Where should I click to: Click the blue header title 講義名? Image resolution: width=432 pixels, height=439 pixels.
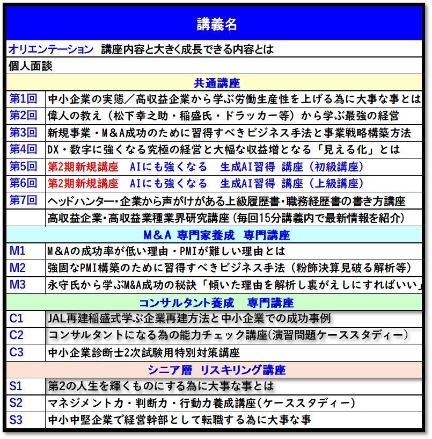[216, 24]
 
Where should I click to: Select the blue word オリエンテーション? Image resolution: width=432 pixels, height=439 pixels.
[51, 49]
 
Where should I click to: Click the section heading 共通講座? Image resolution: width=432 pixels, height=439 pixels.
[216, 83]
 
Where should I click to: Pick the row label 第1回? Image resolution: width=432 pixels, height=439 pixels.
[24, 99]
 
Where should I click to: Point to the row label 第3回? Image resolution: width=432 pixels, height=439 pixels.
[24, 133]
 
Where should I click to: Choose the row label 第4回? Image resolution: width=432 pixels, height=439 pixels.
[24, 149]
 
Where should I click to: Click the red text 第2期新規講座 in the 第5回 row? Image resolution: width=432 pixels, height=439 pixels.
[83, 167]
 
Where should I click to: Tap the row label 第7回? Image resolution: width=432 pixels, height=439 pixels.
[24, 200]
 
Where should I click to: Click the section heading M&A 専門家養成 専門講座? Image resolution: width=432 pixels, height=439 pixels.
[216, 235]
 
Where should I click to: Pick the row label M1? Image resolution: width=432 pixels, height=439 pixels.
[18, 251]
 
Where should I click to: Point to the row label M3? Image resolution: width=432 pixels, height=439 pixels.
[18, 284]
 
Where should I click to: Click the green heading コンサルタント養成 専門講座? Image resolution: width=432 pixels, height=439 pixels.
[216, 302]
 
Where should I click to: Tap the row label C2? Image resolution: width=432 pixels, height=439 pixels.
[17, 335]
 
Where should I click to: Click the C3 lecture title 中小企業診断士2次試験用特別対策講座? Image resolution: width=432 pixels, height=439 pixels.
[143, 352]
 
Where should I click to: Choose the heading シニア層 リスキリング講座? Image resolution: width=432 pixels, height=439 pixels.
[216, 370]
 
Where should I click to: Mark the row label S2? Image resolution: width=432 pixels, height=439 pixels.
[16, 403]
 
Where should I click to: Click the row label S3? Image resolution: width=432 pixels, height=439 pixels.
[16, 420]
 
